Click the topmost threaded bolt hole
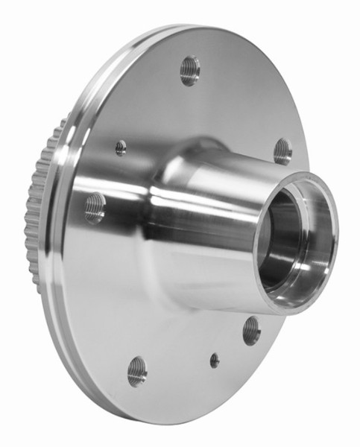pyautogui.click(x=190, y=70)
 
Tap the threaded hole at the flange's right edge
pyautogui.click(x=282, y=151)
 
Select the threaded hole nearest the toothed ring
pyautogui.click(x=95, y=208)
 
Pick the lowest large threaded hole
pyautogui.click(x=137, y=370)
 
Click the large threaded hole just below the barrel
pyautogui.click(x=252, y=330)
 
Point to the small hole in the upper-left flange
pyautogui.click(x=121, y=148)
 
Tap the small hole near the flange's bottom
pyautogui.click(x=215, y=360)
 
